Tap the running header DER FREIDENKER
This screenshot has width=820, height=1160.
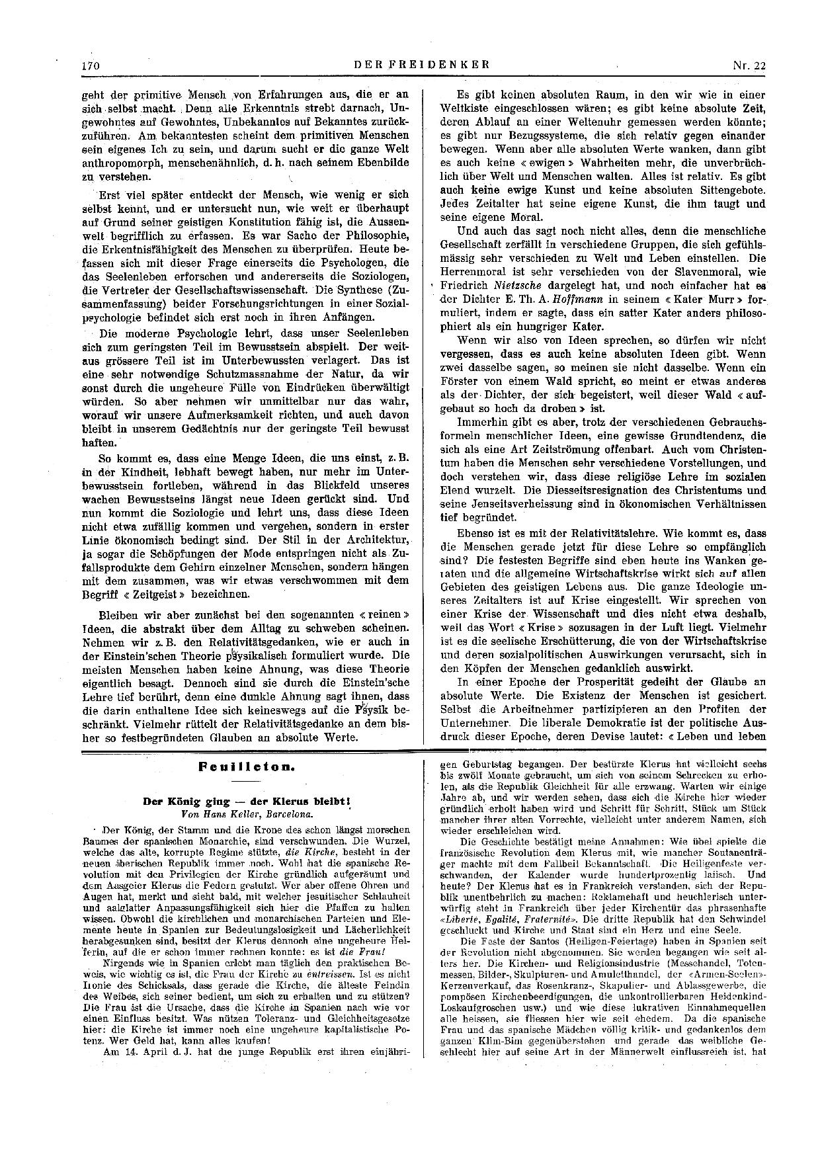click(422, 65)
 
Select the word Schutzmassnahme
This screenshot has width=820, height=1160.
click(212, 374)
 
